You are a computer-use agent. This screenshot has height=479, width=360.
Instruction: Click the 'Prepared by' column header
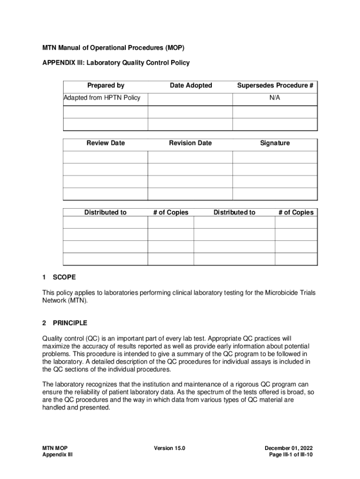(106, 85)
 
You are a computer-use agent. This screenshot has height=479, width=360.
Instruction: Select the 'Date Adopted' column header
(191, 85)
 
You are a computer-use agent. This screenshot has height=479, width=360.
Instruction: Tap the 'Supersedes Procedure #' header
(275, 85)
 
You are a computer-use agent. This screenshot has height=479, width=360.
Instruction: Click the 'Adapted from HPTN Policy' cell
(102, 98)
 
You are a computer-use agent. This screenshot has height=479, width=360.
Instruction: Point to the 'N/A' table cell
(275, 98)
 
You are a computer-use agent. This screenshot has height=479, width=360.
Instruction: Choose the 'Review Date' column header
(106, 143)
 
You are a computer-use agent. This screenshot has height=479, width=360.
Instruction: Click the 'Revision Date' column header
(190, 143)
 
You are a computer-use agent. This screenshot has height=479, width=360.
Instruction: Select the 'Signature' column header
(275, 143)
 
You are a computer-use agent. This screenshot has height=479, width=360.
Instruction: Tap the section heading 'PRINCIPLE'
(70, 323)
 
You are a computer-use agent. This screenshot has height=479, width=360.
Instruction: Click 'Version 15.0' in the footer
(170, 448)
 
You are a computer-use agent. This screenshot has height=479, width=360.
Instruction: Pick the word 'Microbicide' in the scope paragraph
(282, 293)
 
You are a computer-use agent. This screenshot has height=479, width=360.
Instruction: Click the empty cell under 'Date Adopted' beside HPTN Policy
(190, 99)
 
